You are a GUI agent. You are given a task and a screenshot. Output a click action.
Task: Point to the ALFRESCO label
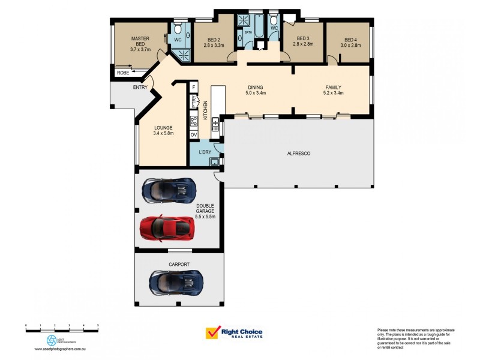(298, 154)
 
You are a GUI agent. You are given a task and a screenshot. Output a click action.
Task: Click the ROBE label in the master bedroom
(122, 73)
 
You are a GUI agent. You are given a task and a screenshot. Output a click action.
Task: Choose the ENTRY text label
(140, 88)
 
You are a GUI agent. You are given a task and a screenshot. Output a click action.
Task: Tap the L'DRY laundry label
(205, 152)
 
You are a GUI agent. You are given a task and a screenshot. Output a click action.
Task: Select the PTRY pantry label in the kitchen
(194, 102)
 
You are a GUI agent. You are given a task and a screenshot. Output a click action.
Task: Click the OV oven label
(194, 135)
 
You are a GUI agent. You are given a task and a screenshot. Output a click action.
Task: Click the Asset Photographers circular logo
(52, 340)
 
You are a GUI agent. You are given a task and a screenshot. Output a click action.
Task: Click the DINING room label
(254, 87)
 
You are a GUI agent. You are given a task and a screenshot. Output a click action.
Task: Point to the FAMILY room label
(333, 87)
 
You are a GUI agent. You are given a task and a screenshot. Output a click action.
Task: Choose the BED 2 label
(214, 39)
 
